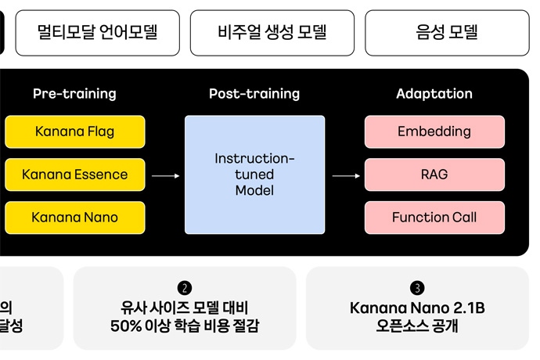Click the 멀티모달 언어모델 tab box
coord(97,33)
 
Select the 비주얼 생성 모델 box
coord(272,33)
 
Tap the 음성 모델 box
coord(447,33)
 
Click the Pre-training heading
coord(74,94)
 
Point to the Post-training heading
coord(254,94)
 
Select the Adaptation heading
coord(434,94)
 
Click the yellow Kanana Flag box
coord(74,131)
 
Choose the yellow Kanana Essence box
coord(74,175)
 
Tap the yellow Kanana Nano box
coord(74,218)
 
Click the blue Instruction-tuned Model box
coord(254,175)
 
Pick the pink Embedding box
coord(434,131)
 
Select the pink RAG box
coord(434,175)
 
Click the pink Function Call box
coord(434,218)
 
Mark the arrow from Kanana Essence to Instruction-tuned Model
coord(165,176)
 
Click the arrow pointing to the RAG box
coord(346,176)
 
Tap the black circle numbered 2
coord(185,288)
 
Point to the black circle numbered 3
coord(417,288)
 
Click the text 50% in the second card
coord(127,326)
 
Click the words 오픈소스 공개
coord(417,326)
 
